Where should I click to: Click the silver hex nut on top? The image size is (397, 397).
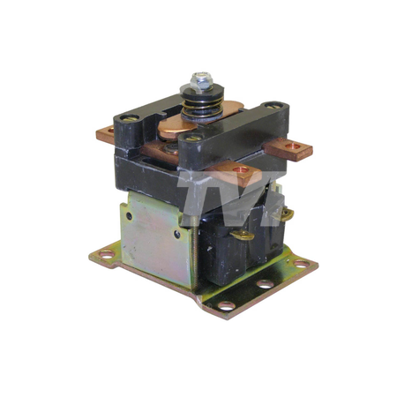201,80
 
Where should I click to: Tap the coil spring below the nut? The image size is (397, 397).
202,109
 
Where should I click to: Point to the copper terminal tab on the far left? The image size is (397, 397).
105,134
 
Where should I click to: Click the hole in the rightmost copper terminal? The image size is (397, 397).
293,146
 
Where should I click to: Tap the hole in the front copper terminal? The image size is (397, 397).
240,169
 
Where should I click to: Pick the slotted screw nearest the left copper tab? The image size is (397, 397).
130,118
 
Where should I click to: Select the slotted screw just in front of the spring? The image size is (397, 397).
194,138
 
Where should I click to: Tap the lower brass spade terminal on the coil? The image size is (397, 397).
242,235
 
